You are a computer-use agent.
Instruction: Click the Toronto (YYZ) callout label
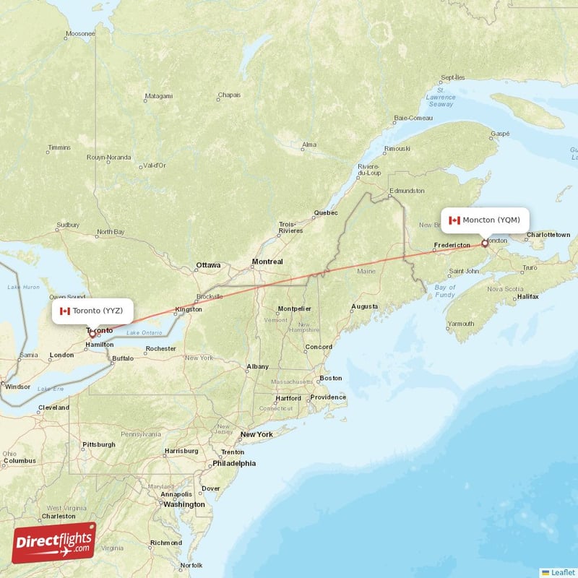92,311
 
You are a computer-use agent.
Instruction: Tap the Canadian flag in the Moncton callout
454,220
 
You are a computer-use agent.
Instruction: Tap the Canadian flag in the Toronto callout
65,311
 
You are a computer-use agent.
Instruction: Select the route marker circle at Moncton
485,243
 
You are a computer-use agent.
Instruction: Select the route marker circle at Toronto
92,333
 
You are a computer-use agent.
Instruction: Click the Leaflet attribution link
558,571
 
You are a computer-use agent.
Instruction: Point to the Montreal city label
267,262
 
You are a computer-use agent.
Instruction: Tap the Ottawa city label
208,265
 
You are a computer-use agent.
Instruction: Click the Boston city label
331,378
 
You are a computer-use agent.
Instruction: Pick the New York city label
256,434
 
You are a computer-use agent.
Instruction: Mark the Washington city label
184,504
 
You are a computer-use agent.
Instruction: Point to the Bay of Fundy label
445,291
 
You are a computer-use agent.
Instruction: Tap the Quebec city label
325,213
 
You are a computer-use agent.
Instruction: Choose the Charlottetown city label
548,235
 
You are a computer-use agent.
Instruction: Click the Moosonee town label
80,34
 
